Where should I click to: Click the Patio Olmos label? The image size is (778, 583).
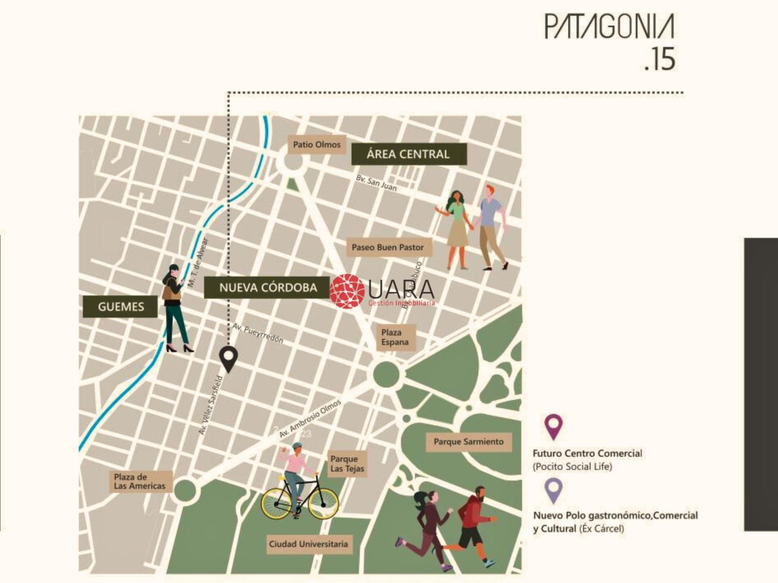tap(317, 145)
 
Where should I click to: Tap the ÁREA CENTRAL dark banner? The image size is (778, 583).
tap(408, 154)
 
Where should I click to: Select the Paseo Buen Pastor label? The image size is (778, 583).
tap(388, 247)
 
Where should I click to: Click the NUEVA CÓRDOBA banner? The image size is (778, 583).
tap(268, 288)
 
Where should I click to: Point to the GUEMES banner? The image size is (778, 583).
tap(120, 307)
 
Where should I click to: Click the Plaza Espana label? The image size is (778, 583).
tap(395, 337)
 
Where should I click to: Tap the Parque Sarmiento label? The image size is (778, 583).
tap(468, 442)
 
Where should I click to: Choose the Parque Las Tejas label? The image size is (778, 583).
tap(347, 464)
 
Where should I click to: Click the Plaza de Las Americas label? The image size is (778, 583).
tap(140, 481)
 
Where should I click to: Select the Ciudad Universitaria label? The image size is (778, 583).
tap(308, 544)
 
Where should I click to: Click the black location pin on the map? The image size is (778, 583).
tap(229, 358)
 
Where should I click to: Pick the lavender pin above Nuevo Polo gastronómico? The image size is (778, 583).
tap(553, 490)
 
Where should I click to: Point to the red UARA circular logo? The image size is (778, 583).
tap(347, 291)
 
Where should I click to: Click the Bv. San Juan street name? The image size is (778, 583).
tap(377, 183)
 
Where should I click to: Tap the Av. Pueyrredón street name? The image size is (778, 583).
tap(258, 334)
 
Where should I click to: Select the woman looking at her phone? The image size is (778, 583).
tap(176, 308)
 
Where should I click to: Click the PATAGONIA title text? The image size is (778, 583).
tap(609, 27)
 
